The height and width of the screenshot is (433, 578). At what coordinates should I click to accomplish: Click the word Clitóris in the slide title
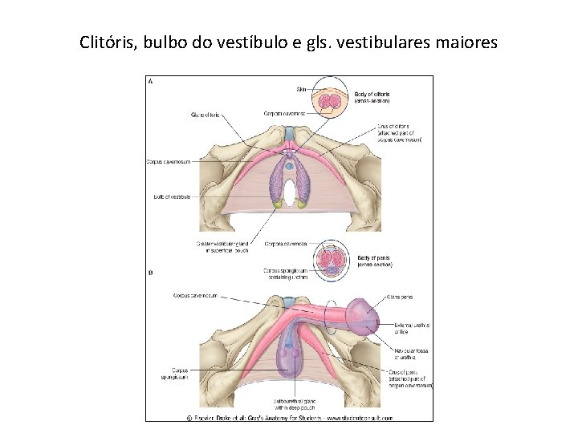tap(108, 41)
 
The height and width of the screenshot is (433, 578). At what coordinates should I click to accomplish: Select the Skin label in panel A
tap(301, 88)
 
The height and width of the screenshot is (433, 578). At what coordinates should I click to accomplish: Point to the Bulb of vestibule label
tap(172, 196)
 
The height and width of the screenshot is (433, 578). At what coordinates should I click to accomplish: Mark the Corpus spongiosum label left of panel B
tap(173, 374)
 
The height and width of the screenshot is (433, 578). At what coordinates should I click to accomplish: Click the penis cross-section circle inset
tap(332, 261)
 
